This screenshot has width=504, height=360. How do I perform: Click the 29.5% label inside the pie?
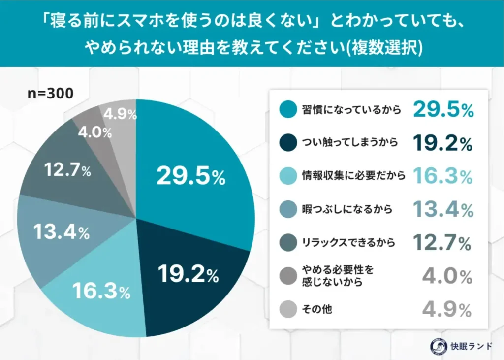191,176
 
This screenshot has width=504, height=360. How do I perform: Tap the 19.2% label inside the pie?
188,275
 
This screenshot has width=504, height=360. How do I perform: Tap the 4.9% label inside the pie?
121,114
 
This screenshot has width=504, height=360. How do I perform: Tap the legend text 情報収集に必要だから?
353,176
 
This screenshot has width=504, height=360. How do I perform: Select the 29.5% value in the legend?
443,110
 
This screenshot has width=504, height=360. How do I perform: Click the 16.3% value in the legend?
443,176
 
